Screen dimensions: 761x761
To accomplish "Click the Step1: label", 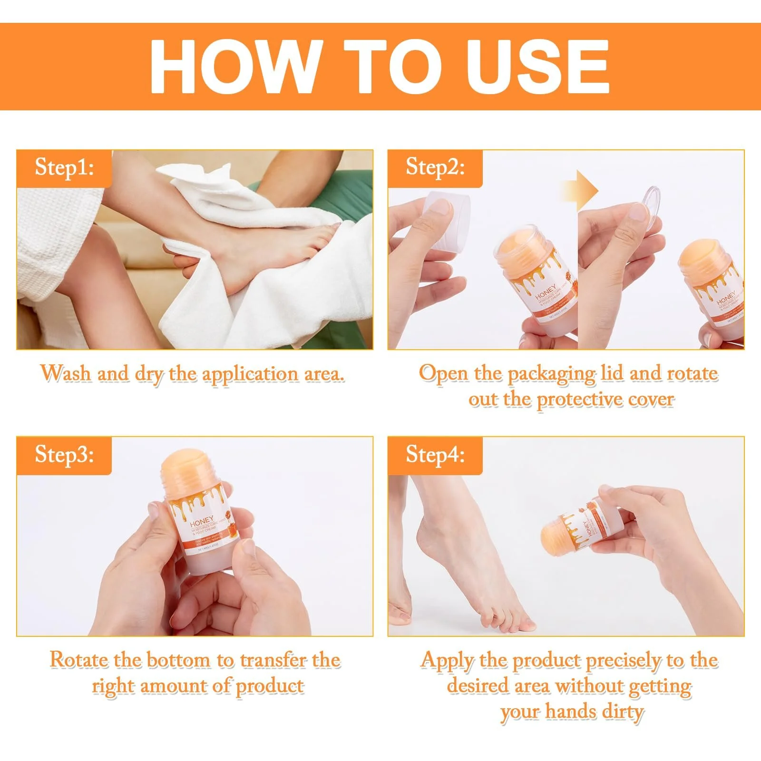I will tap(64, 167).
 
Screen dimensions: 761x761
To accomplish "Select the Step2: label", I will tap(435, 167).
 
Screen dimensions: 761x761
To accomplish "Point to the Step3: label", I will tap(64, 455).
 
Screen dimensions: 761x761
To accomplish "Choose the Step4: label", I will tap(435, 455).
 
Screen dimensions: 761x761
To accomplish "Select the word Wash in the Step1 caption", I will tap(66, 373).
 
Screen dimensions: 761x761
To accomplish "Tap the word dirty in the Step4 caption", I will tap(623, 712).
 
